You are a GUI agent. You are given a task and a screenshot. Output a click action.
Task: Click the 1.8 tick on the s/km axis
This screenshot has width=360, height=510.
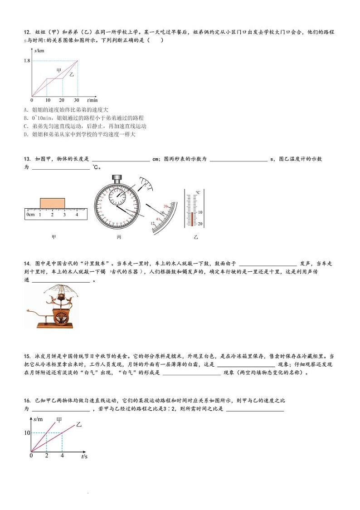click(x=27, y=60)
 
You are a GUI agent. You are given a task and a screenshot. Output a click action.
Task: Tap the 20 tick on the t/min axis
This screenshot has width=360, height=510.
click(x=62, y=100)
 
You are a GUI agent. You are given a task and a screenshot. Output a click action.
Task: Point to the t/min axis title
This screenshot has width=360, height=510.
click(x=92, y=100)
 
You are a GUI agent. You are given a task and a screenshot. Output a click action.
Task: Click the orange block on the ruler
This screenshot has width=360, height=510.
click(x=52, y=202)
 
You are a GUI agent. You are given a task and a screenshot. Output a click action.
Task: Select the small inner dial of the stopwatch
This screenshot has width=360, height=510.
click(x=117, y=196)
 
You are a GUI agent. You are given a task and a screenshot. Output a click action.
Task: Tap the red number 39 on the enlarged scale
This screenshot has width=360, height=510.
click(x=165, y=206)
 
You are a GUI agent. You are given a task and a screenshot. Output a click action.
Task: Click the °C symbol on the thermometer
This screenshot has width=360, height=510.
click(x=198, y=193)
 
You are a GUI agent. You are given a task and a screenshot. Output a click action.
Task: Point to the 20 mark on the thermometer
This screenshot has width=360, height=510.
click(x=200, y=224)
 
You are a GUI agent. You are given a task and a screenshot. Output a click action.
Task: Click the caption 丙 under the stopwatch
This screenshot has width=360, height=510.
click(x=119, y=237)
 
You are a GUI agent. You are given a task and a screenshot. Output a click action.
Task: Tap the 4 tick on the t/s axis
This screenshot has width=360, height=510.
click(x=62, y=455)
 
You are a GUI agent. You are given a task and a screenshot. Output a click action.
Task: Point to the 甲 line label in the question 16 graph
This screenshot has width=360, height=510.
click(x=59, y=419)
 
